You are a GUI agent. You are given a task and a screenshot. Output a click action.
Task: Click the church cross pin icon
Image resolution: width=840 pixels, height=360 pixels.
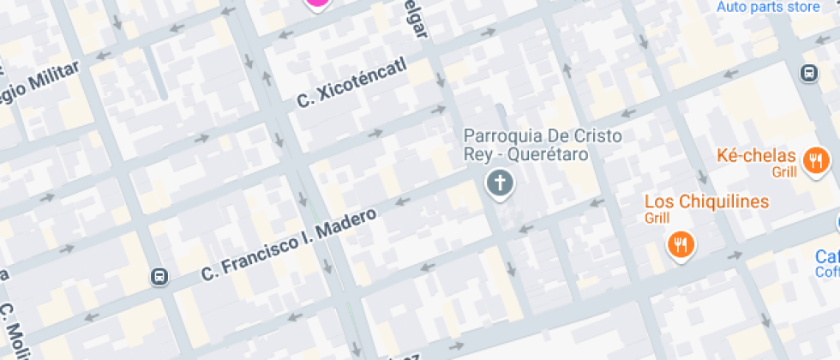499,183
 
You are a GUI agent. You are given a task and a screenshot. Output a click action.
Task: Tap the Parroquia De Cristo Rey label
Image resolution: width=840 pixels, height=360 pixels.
543,145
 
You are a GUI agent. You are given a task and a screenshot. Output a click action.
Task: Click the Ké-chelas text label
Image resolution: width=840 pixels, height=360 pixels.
756,156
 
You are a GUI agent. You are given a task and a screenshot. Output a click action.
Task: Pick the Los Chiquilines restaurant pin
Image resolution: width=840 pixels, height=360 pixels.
681,245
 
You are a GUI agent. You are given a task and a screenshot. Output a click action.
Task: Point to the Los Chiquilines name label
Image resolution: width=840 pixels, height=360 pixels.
705,202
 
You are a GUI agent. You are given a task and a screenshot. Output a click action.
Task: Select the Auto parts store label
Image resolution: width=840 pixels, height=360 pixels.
768,7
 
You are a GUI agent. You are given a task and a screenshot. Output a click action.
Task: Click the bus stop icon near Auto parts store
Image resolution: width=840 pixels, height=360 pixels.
808,73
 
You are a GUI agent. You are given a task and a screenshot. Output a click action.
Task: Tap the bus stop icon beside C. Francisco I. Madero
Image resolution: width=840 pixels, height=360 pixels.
159,276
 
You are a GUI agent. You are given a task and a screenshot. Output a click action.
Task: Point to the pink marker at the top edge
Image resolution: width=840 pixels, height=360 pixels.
317,3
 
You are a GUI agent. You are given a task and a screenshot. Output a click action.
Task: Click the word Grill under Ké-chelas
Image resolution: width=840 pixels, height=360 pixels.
783,172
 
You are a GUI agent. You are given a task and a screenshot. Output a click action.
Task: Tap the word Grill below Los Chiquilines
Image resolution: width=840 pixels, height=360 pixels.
657,219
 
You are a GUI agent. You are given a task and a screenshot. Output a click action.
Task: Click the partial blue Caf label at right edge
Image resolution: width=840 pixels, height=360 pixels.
827,258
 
